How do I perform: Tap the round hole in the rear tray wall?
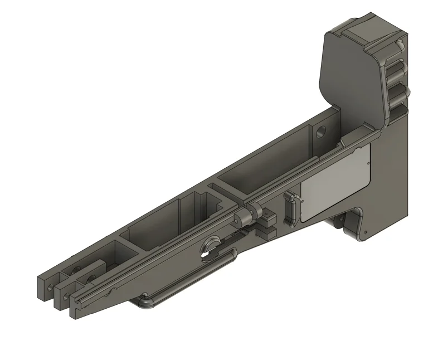(320, 132)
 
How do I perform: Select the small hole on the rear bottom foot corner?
(364, 233)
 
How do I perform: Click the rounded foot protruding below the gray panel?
(338, 222)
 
